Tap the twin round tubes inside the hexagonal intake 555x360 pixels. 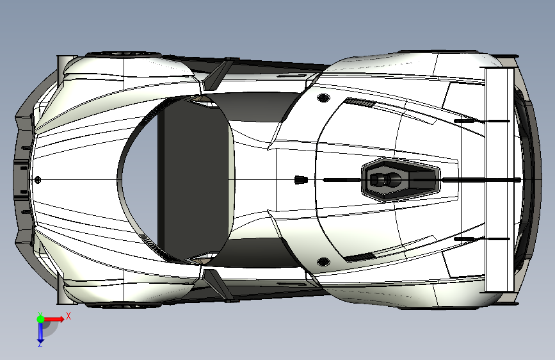[383, 180]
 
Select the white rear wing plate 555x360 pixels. [499, 179]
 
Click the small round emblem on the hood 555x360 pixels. [38, 180]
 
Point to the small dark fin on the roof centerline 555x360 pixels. [298, 179]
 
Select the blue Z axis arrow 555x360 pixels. [40, 331]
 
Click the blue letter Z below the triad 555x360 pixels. [40, 344]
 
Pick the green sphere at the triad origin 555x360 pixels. [40, 318]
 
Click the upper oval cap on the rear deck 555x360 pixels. [323, 97]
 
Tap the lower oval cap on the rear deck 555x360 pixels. [323, 261]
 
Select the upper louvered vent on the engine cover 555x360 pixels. [358, 102]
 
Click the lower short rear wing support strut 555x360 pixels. [465, 240]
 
